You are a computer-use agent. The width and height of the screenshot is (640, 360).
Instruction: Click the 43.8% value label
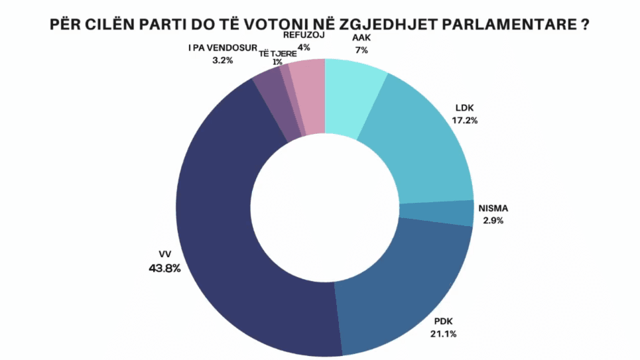tap(165, 269)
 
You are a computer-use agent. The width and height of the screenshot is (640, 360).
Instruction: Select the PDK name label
tap(441, 321)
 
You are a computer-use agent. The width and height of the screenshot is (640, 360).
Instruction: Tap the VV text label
tap(166, 256)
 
